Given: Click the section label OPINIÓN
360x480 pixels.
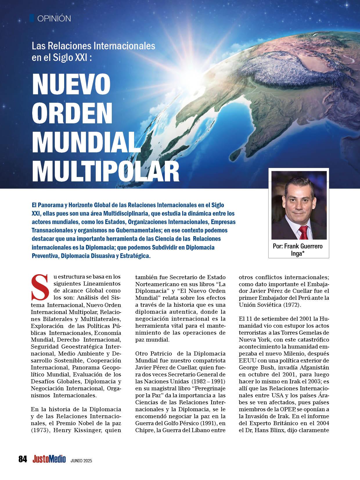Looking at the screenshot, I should tap(54, 19).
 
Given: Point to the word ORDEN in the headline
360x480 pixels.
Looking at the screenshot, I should tap(72, 113).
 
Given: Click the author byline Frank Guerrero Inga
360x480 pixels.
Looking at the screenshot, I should tap(298, 249).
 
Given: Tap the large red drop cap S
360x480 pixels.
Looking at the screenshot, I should tap(40, 287).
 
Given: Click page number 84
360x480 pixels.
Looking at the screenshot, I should tap(23, 459).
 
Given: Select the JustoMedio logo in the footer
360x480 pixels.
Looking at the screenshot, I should tap(49, 459).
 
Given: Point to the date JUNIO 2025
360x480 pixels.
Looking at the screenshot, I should tap(81, 460).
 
